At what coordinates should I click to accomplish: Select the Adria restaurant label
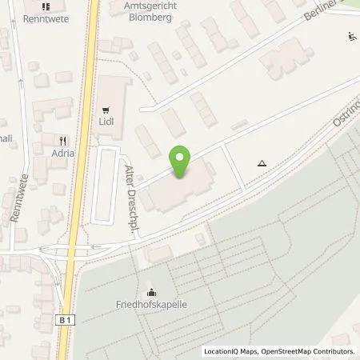(x=64, y=153)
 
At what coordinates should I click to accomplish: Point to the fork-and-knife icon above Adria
(x=64, y=138)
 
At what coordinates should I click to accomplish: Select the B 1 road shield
(x=66, y=298)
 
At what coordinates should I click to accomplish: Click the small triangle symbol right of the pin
(x=262, y=162)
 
